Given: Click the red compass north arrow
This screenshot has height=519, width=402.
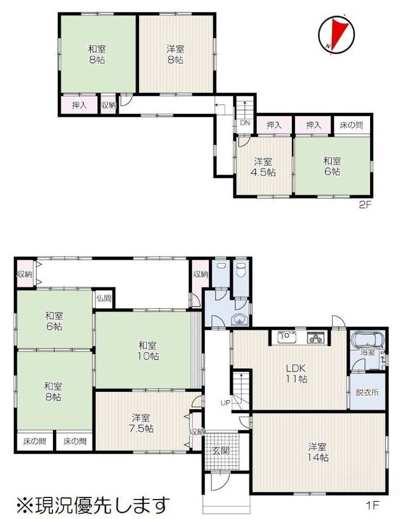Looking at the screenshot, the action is coord(339,32).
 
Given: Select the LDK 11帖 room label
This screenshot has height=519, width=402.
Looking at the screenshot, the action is coord(296,373).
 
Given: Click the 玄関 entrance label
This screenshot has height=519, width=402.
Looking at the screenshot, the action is coord(220,450).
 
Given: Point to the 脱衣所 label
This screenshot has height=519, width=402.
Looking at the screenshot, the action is coord(367,392).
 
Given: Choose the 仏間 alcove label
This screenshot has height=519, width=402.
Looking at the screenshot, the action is coord(104,298).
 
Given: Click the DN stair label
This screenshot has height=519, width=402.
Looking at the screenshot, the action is coord(245,123).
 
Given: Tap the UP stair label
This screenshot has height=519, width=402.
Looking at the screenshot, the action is coord(225,403).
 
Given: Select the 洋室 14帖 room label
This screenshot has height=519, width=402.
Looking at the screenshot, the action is coord(318,452).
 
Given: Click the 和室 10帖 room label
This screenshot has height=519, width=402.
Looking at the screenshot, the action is coord(148,350).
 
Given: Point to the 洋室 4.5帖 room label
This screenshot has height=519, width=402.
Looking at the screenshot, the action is coord(263,167).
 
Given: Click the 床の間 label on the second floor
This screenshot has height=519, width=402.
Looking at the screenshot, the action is coord(351,125).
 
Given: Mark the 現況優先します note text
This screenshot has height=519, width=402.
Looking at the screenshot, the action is coord(93,504).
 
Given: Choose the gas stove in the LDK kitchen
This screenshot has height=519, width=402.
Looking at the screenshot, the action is coord(316,337).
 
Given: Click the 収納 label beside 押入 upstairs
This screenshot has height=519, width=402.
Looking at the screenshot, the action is coord(109,105).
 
